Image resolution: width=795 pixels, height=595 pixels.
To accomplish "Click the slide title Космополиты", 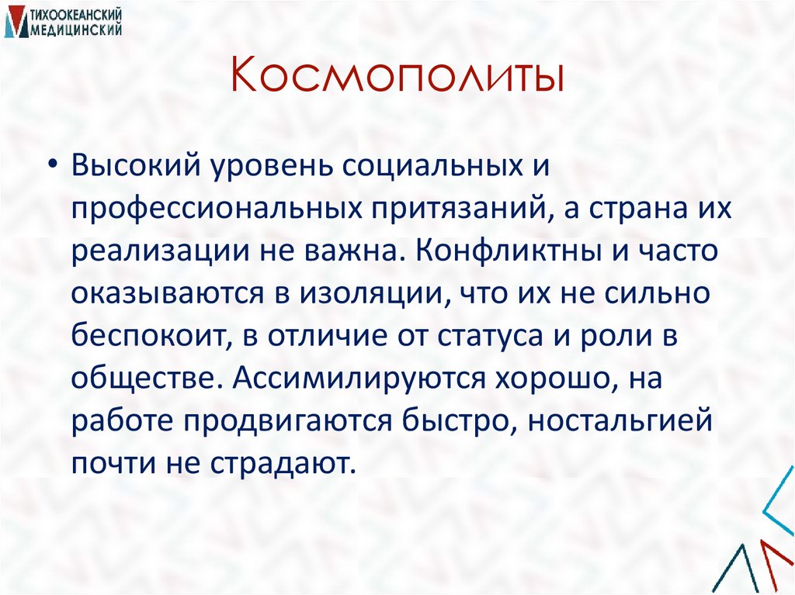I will [x=397, y=78].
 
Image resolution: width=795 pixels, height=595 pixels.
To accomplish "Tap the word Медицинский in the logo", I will [x=76, y=29].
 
